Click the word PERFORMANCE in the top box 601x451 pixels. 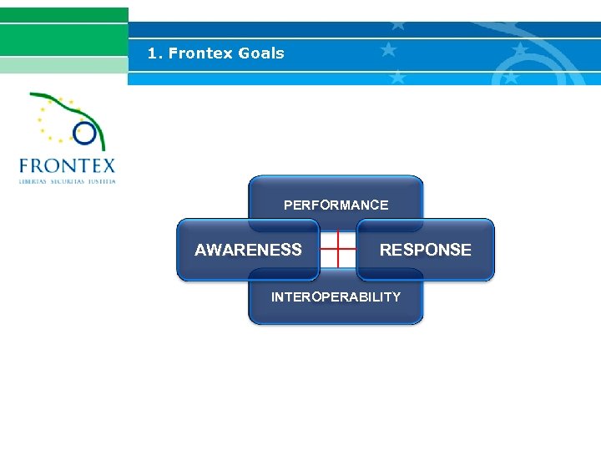click(336, 205)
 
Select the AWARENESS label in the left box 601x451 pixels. click(248, 250)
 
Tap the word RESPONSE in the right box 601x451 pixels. click(425, 250)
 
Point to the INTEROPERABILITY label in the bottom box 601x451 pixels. click(336, 296)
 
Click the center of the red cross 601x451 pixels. click(337, 249)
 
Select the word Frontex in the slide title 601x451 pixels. click(200, 53)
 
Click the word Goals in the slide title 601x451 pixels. click(261, 53)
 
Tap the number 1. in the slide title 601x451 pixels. click(154, 53)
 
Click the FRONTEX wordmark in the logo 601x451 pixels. click(67, 165)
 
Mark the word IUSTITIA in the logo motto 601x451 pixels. click(102, 180)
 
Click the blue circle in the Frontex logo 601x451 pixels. click(84, 131)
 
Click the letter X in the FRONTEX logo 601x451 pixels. click(107, 165)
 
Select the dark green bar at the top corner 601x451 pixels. click(63, 14)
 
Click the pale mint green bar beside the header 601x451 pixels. click(63, 66)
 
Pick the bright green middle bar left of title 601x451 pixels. click(63, 39)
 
